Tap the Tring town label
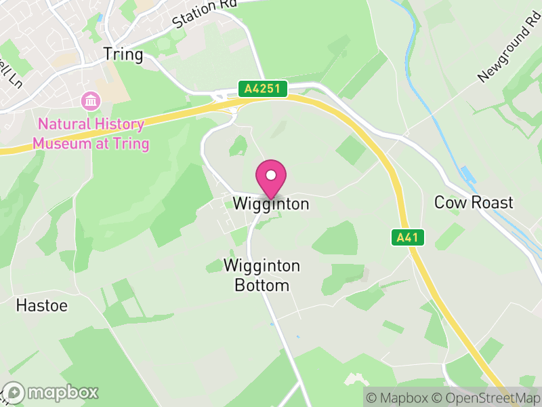click(x=123, y=54)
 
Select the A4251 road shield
click(x=263, y=88)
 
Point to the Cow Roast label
click(x=474, y=202)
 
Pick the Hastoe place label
click(x=42, y=306)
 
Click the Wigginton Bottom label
click(x=262, y=275)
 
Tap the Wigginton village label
click(x=271, y=203)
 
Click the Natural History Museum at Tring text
click(x=91, y=134)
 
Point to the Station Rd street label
click(x=203, y=14)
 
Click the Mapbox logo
click(x=51, y=392)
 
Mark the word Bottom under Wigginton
click(x=262, y=286)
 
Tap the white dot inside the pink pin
click(x=271, y=175)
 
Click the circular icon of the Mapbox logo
click(x=14, y=392)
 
